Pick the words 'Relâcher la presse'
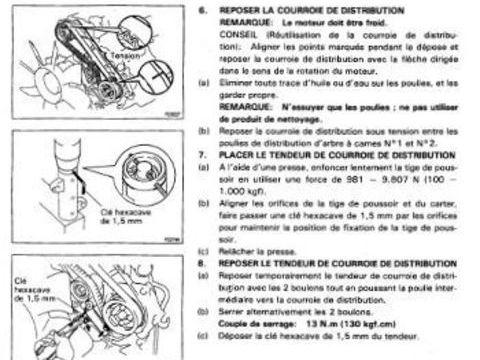coord(249,251)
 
